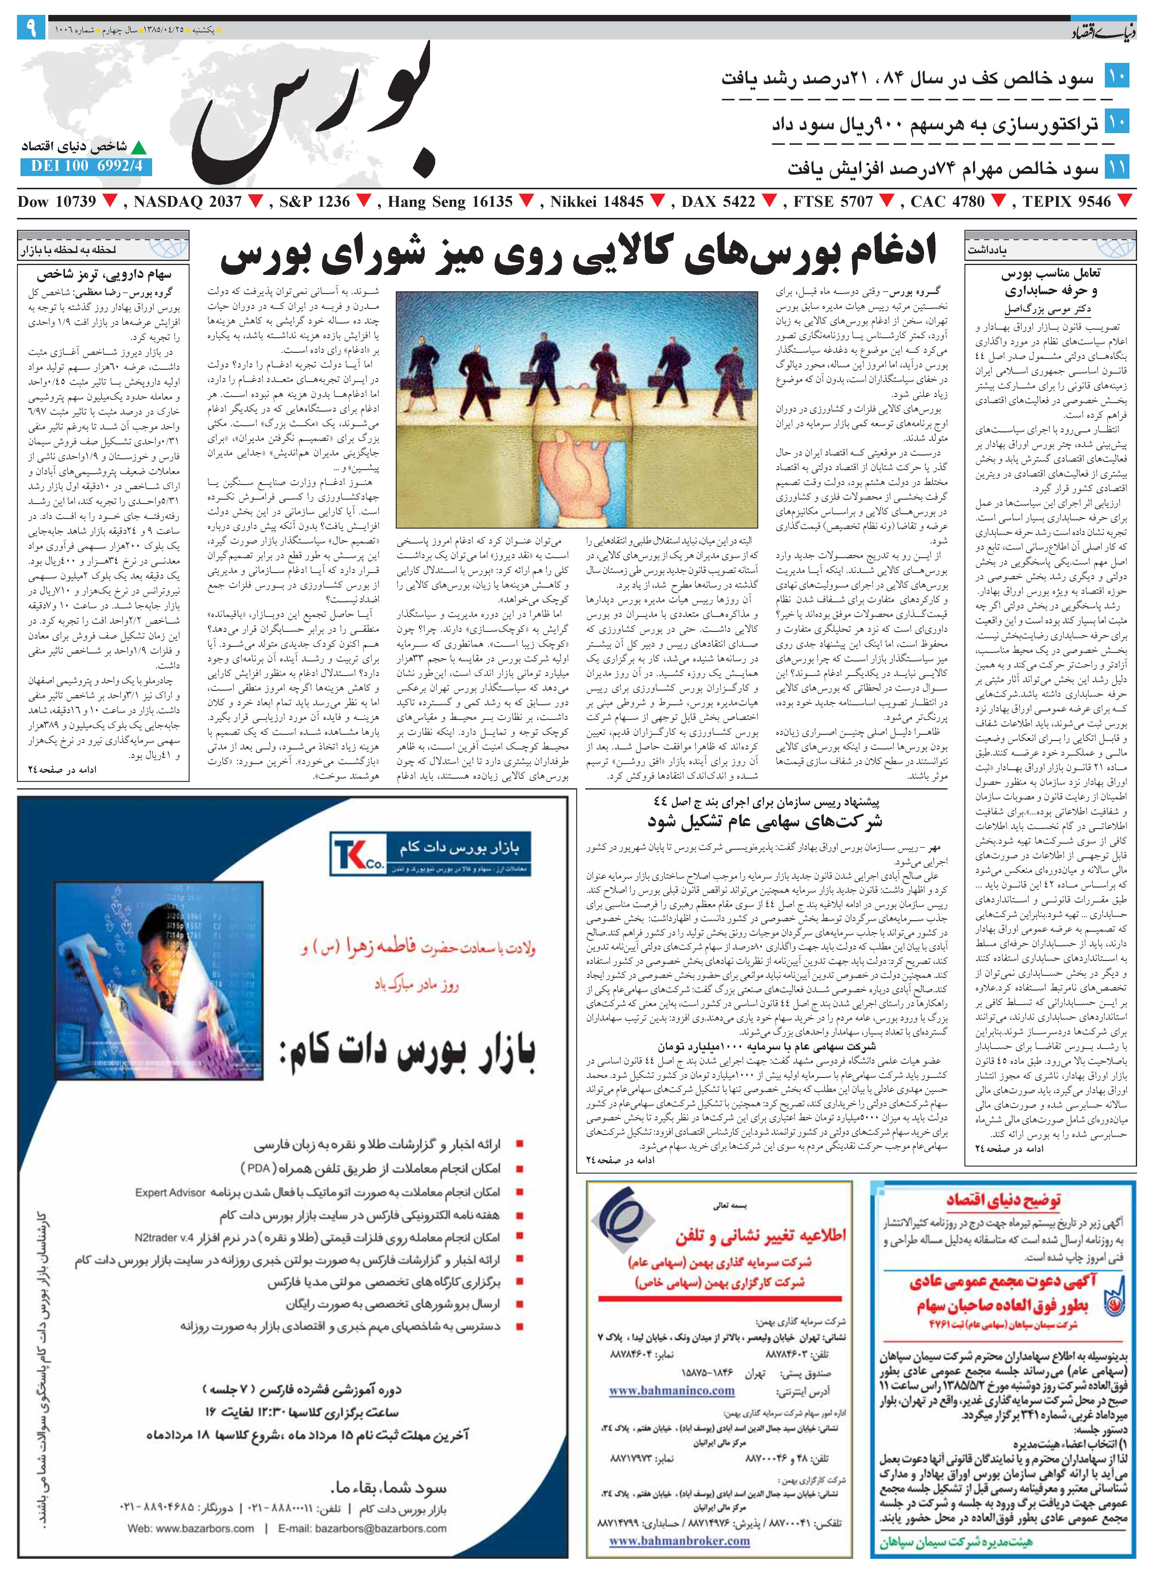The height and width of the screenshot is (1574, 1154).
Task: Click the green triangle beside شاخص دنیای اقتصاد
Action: tap(140, 147)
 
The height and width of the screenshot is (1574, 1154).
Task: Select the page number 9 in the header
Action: tap(31, 29)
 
